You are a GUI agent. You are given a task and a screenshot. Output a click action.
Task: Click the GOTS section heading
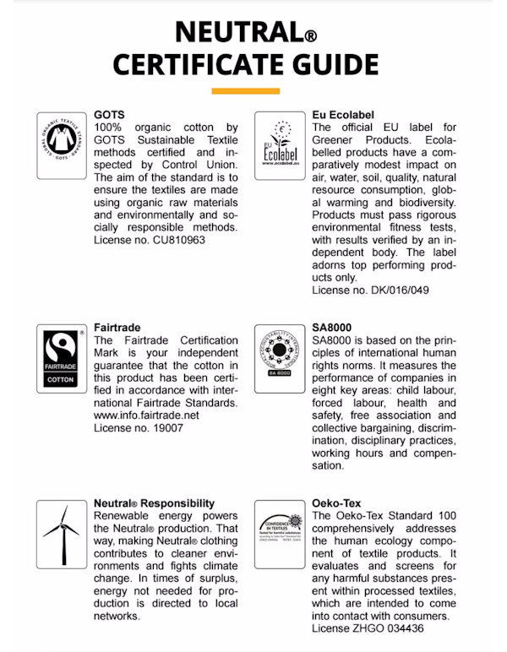pyautogui.click(x=109, y=114)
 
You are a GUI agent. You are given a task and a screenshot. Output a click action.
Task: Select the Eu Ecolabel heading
pyautogui.click(x=343, y=114)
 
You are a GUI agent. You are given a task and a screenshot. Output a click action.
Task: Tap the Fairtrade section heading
pyautogui.click(x=117, y=327)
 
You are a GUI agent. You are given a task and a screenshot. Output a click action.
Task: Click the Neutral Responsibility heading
pyautogui.click(x=154, y=503)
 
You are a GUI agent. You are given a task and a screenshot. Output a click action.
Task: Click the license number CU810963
pyautogui.click(x=175, y=240)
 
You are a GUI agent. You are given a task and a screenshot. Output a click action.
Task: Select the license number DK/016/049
pyautogui.click(x=389, y=290)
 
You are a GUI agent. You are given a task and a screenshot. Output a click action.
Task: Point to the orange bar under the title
pyautogui.click(x=245, y=91)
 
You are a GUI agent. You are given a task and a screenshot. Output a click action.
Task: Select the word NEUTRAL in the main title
pyautogui.click(x=237, y=32)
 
